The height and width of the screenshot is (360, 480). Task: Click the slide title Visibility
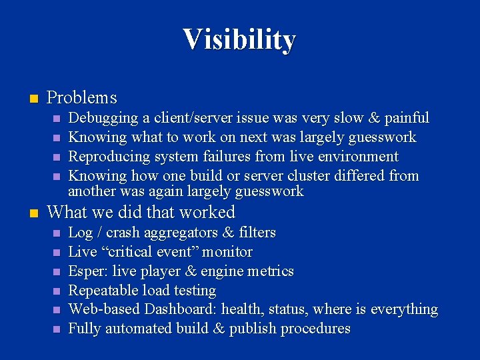[x=239, y=39]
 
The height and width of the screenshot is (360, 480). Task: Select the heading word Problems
[x=82, y=98]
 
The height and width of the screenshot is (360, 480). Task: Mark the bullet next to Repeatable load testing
[x=57, y=291]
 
